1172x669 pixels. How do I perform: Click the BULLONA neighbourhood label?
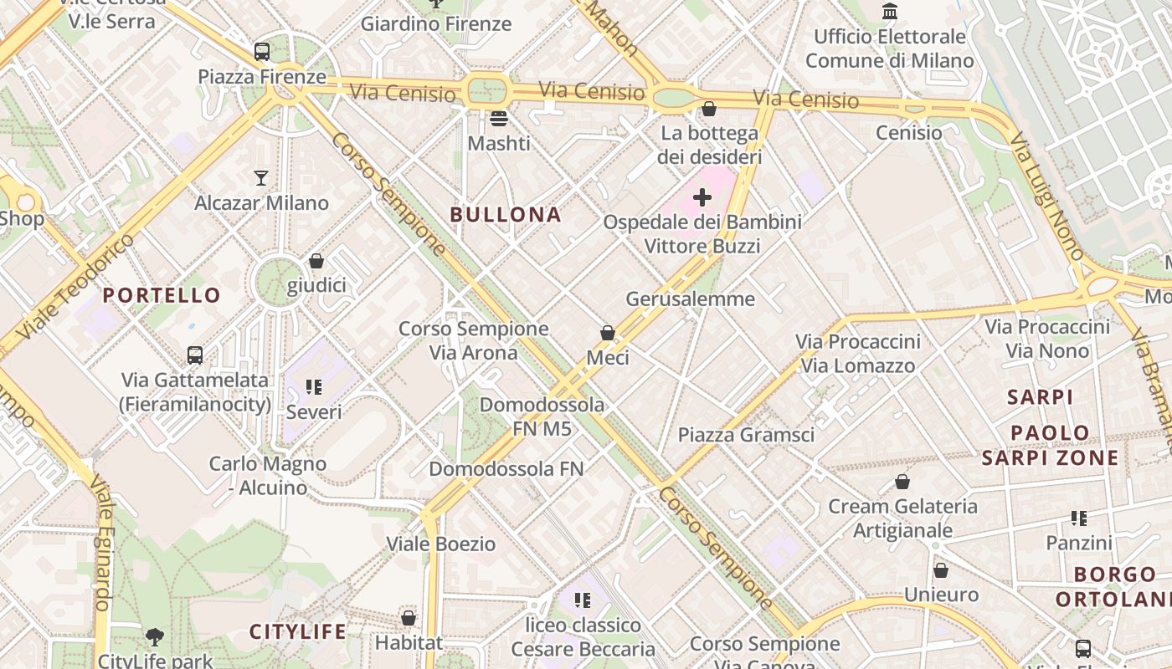(x=506, y=215)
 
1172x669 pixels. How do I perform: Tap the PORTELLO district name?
(x=162, y=295)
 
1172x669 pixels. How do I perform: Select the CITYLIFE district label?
(x=297, y=632)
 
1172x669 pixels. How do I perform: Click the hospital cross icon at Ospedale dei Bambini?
(x=702, y=197)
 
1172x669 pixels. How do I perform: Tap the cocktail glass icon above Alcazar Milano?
(x=261, y=178)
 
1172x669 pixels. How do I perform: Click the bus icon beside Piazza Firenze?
(x=262, y=52)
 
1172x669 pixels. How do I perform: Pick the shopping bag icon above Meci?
(x=608, y=333)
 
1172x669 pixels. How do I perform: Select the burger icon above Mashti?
(x=499, y=119)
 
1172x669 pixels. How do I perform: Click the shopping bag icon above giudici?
(x=316, y=261)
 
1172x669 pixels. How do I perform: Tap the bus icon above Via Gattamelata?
(x=195, y=355)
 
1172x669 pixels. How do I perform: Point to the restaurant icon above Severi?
(x=314, y=387)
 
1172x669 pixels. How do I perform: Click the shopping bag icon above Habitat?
(x=409, y=618)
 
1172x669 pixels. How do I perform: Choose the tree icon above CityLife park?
(x=155, y=637)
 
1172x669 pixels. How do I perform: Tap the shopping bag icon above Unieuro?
(x=941, y=570)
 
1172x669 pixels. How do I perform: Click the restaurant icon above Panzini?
(x=1079, y=518)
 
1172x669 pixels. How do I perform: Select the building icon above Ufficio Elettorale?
(x=890, y=12)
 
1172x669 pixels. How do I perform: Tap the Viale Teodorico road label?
(x=75, y=287)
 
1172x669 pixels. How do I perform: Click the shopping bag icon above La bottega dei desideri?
(x=709, y=109)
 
